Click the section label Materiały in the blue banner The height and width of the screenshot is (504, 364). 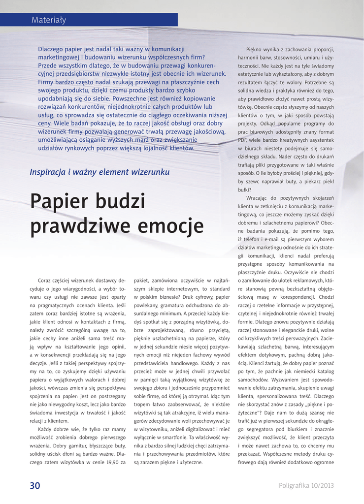click(x=49, y=20)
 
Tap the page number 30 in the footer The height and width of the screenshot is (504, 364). click(x=35, y=485)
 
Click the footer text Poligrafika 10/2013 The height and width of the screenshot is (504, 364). click(x=306, y=486)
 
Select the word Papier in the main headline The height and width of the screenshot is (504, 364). click(x=61, y=202)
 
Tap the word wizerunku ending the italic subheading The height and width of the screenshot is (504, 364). click(x=150, y=172)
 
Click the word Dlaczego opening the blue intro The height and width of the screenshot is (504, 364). click(x=53, y=49)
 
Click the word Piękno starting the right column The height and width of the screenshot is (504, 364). click(x=256, y=49)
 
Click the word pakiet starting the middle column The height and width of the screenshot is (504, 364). click(x=142, y=280)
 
